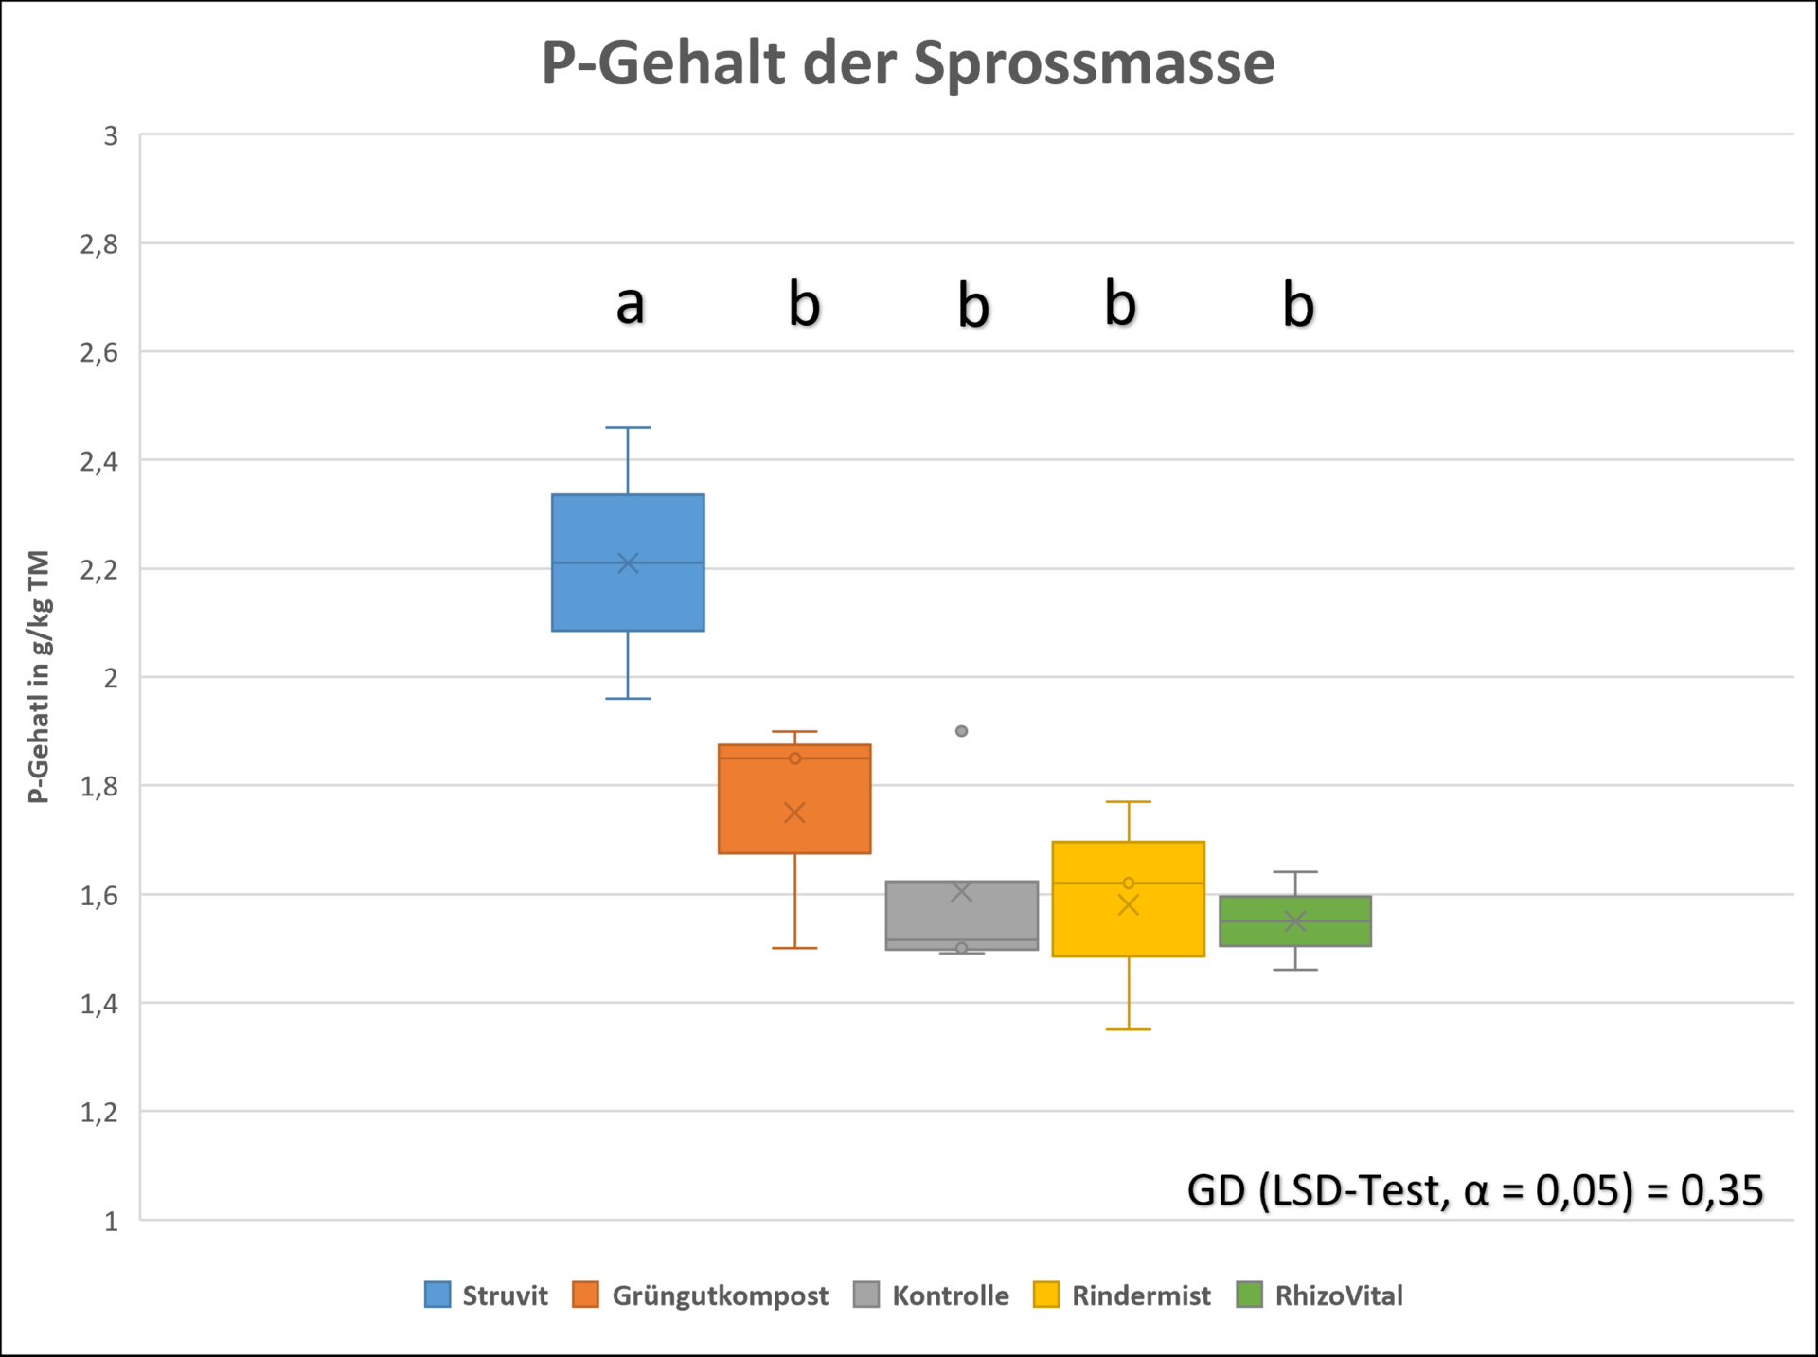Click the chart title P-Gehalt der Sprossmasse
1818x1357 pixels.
[x=908, y=63]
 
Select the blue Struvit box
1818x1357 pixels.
[x=628, y=597]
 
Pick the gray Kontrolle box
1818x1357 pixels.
[x=961, y=915]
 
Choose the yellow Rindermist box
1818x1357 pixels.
[x=1128, y=923]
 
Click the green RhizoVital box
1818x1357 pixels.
[x=1294, y=933]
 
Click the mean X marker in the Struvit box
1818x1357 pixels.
[x=628, y=563]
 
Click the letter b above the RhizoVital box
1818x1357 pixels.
[x=1298, y=305]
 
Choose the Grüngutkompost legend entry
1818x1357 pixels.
[x=701, y=1295]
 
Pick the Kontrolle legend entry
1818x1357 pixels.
[x=932, y=1295]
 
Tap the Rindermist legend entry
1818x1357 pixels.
[x=1122, y=1295]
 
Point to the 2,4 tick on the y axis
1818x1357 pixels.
[x=99, y=462]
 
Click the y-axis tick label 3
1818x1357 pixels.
[x=111, y=136]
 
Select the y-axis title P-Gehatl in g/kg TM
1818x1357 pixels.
[x=39, y=676]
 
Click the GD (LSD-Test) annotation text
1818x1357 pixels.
[x=1474, y=1190]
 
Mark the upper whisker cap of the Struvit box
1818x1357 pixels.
[x=628, y=428]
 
